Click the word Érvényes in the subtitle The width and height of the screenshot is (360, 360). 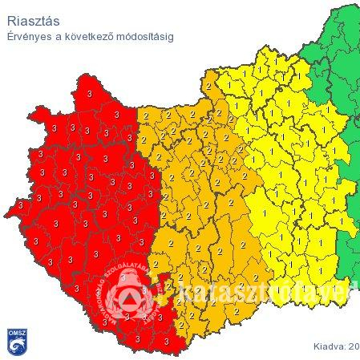click(x=30, y=37)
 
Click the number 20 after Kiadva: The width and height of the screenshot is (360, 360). click(x=354, y=346)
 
